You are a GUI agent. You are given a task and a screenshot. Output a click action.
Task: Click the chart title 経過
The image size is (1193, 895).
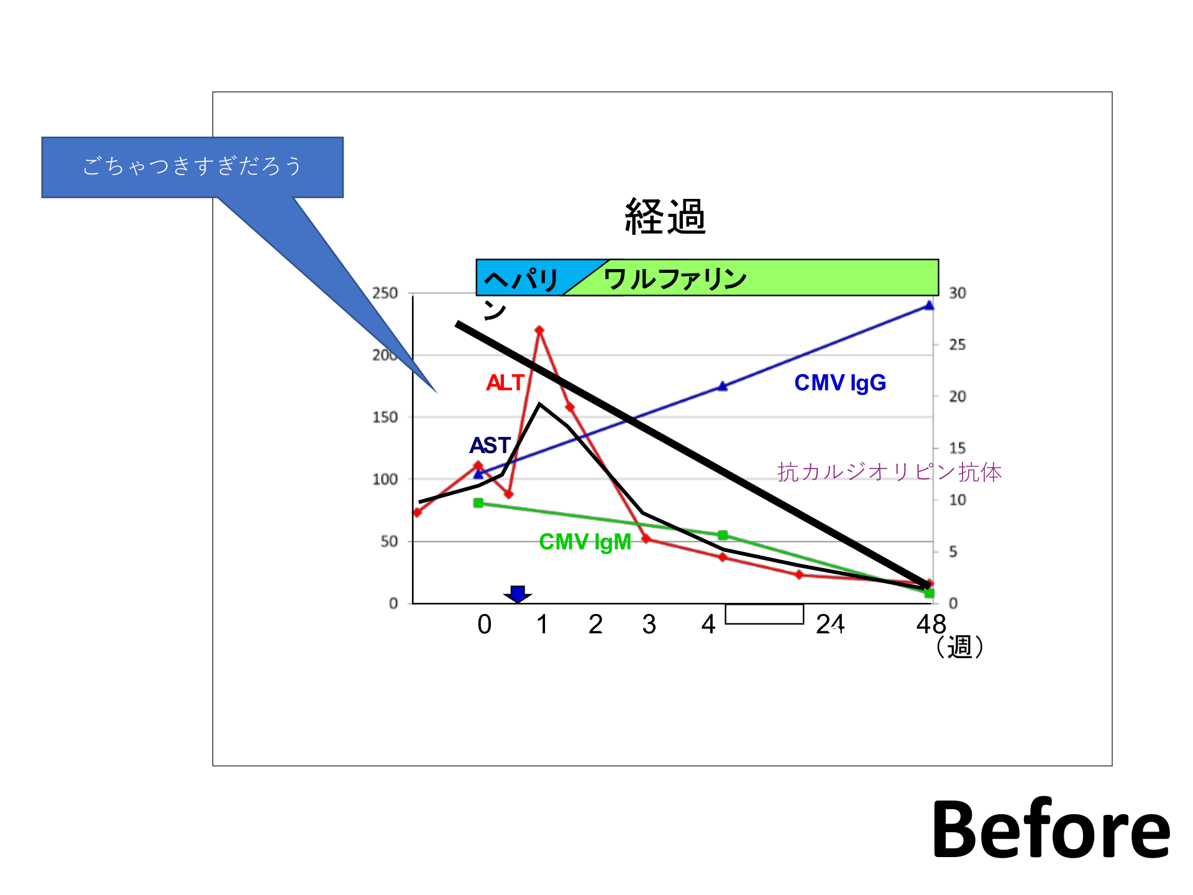click(x=665, y=216)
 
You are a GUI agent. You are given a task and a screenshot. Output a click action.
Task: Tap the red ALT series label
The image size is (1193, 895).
click(x=505, y=383)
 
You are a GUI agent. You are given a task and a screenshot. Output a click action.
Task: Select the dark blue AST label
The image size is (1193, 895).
click(x=490, y=446)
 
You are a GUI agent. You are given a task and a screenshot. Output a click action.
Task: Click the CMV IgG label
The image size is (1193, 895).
click(x=840, y=383)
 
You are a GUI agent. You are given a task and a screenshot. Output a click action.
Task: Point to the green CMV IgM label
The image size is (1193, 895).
click(x=585, y=542)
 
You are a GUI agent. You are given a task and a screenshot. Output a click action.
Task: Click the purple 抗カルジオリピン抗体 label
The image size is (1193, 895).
click(x=889, y=472)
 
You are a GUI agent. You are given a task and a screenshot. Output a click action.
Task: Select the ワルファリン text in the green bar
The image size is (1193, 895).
click(x=675, y=279)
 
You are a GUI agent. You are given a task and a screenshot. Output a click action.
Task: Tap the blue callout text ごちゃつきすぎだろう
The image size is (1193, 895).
click(x=192, y=166)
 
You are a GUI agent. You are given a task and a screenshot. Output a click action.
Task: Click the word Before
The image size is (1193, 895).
click(x=1051, y=830)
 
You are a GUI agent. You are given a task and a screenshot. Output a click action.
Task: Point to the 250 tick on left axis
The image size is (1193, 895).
click(x=385, y=293)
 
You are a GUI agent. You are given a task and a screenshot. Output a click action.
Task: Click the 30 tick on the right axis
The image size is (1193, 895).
click(x=958, y=293)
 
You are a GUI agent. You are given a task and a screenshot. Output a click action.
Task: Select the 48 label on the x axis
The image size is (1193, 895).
click(x=931, y=624)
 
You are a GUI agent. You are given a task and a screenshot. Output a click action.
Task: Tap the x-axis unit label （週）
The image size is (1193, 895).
click(x=959, y=647)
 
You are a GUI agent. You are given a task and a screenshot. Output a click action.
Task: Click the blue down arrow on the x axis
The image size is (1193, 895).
click(x=518, y=594)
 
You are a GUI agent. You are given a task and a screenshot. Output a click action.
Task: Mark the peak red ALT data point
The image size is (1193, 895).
click(x=539, y=330)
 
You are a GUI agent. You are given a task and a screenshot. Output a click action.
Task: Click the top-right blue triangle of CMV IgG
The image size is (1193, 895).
click(x=929, y=305)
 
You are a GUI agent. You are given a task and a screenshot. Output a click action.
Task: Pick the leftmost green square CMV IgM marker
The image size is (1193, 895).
click(x=478, y=503)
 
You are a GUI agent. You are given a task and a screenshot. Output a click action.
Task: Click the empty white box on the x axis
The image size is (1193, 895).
click(x=764, y=614)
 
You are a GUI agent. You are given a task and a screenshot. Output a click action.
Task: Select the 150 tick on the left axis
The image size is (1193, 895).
click(x=385, y=417)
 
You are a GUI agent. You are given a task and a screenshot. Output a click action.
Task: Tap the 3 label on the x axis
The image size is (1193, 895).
click(x=649, y=624)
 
